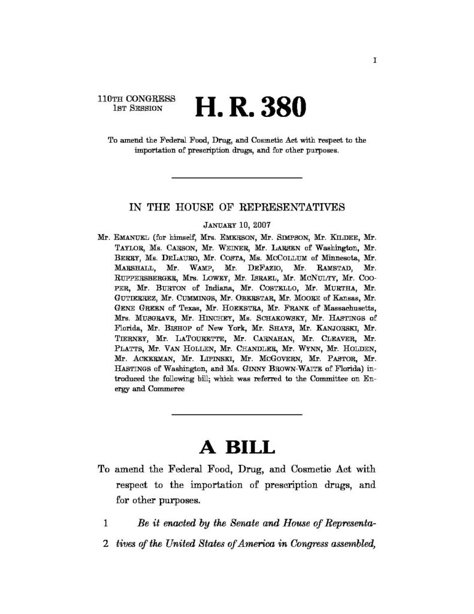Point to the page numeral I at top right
click(375, 60)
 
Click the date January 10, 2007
click(237, 225)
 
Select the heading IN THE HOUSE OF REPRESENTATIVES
click(237, 208)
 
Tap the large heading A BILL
click(237, 447)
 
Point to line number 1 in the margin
click(105, 523)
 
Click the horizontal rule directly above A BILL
click(237, 414)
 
